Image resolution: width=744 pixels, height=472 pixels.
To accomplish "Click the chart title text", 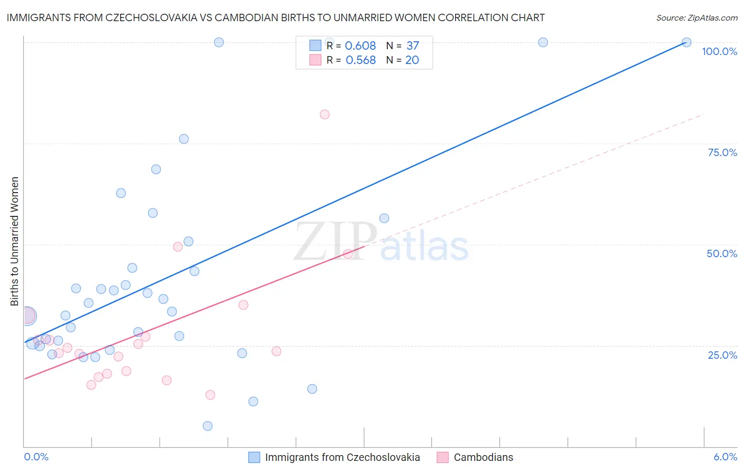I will [x=275, y=17].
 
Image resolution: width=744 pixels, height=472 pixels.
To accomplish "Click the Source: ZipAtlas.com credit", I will [x=696, y=17].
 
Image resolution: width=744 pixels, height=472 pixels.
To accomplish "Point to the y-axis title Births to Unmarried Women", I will [x=14, y=241].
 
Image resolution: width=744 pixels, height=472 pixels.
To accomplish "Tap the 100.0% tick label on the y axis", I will [x=719, y=51].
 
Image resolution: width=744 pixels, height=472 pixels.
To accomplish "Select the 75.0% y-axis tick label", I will [x=722, y=152].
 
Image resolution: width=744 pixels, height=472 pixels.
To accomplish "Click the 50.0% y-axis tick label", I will [x=722, y=253].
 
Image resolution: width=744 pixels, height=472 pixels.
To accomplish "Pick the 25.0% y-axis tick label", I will [x=722, y=355].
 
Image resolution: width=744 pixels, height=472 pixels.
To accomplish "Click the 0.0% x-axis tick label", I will [x=36, y=457].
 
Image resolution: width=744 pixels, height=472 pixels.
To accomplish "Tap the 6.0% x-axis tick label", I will [x=725, y=457].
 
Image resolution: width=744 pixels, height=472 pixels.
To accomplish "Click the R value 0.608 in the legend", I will [x=360, y=46].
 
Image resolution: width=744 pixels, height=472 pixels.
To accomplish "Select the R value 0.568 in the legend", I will [x=360, y=60].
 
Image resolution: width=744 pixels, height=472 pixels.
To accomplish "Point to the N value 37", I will [x=412, y=46].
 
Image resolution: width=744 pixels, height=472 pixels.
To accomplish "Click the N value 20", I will [x=412, y=60].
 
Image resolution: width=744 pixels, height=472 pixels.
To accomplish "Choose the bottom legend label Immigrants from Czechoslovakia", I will [x=342, y=457].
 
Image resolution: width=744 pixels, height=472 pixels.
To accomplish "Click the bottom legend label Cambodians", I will [x=483, y=457].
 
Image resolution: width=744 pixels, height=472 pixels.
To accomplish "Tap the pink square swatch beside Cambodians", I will [x=443, y=457].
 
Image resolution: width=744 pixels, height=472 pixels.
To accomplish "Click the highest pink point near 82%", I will [x=325, y=114].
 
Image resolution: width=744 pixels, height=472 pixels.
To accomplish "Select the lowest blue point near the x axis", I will [x=207, y=426].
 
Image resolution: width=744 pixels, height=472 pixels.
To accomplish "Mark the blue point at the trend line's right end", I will [x=686, y=42].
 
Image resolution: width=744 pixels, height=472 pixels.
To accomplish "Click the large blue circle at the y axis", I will [x=28, y=316].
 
